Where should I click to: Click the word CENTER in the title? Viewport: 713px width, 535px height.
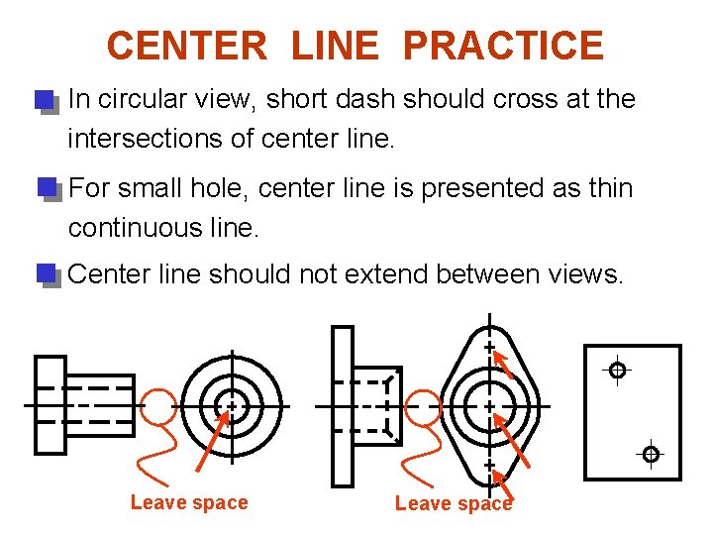click(x=187, y=46)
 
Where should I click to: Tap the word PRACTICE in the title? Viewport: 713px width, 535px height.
click(x=504, y=46)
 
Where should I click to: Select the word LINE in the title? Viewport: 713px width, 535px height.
click(x=335, y=46)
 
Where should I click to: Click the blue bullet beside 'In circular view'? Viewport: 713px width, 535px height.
click(x=47, y=102)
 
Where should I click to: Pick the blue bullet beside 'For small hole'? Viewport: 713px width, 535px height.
click(x=50, y=189)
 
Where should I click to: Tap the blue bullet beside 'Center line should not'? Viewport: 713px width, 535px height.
click(x=49, y=275)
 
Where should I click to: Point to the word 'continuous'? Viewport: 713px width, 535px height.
click(x=136, y=228)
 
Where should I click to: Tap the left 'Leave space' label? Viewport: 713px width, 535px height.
click(x=189, y=502)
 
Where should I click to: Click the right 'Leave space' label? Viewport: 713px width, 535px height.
click(x=454, y=503)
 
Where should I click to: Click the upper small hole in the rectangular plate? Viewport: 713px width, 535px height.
click(x=617, y=371)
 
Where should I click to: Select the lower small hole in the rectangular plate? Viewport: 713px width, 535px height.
click(x=652, y=454)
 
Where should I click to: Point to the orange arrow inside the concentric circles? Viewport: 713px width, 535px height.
click(x=212, y=441)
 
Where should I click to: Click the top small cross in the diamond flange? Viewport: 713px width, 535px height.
click(x=490, y=348)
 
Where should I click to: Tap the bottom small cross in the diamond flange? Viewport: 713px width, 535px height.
click(x=490, y=466)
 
